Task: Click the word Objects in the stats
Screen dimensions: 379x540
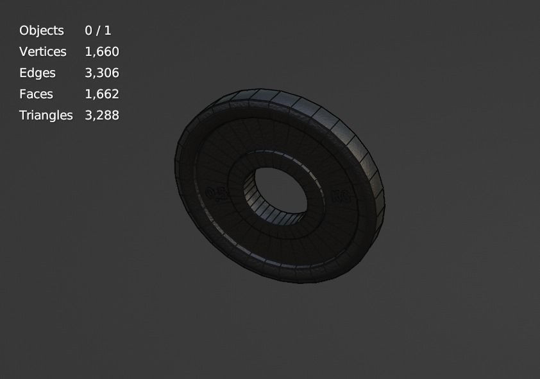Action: (42, 30)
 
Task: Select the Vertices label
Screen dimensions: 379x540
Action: (43, 51)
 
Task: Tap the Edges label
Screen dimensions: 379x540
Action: (37, 73)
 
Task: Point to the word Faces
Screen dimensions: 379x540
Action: (36, 94)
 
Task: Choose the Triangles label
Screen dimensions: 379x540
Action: (46, 115)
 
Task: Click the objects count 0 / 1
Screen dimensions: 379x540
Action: (98, 30)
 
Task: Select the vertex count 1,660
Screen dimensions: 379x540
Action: (102, 51)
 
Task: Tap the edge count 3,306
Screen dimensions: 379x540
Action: (102, 73)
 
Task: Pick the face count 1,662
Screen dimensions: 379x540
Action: (102, 94)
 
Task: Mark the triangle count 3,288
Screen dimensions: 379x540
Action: (102, 115)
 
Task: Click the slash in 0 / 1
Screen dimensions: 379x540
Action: (98, 30)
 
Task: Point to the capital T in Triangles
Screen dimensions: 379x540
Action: (23, 115)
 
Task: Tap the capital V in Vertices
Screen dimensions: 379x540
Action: (24, 51)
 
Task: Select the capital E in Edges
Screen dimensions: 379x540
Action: (23, 73)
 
